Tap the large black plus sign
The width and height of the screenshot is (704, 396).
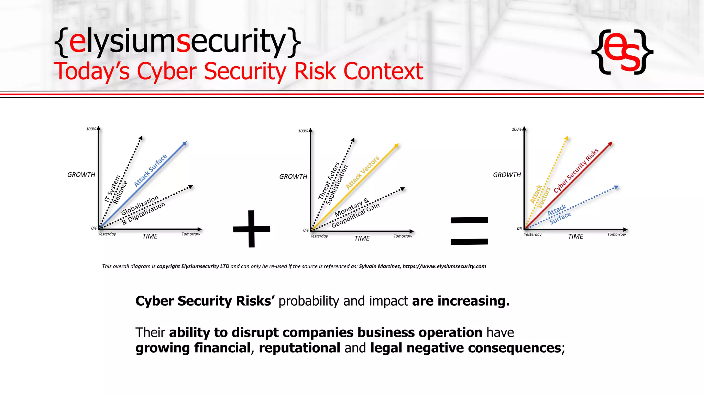(252, 229)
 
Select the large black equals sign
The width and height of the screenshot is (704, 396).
(469, 231)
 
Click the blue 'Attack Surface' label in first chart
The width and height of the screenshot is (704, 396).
(150, 170)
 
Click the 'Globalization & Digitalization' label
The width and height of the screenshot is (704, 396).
(143, 210)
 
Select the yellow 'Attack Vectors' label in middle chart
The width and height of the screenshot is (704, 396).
(362, 172)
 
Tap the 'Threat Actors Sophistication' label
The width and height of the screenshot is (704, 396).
(332, 183)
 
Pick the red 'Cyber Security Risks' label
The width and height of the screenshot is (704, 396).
(576, 170)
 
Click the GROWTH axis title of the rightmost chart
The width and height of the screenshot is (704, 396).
(507, 175)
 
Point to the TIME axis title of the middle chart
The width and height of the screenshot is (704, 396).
(362, 238)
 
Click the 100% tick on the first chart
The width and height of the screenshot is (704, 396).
(91, 129)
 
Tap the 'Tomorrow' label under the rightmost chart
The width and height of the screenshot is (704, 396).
(616, 234)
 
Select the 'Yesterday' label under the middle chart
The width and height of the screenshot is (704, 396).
(319, 236)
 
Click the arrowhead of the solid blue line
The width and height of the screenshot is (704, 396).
(185, 143)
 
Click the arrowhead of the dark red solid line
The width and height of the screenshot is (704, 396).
(610, 143)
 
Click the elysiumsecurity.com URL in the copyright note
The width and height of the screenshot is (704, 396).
(444, 266)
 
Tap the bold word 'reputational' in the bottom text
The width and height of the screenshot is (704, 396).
(299, 348)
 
